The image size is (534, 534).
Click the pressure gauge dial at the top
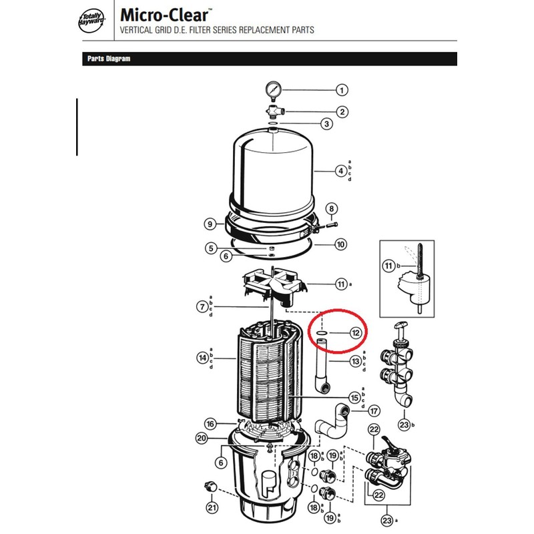(x=273, y=89)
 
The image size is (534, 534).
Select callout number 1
(x=342, y=90)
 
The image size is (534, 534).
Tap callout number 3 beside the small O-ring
(x=326, y=123)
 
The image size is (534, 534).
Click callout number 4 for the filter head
(x=341, y=171)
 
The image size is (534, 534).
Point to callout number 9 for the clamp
(x=210, y=224)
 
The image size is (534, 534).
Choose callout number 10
(x=341, y=244)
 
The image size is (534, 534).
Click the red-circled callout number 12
(x=356, y=332)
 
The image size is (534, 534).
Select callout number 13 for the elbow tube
(x=356, y=361)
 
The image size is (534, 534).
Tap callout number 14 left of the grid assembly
(x=203, y=358)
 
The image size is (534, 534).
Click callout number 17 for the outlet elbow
(x=374, y=411)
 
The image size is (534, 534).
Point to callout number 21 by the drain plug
(x=212, y=508)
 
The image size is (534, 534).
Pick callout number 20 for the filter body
(x=202, y=438)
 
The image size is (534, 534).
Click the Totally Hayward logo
(x=92, y=21)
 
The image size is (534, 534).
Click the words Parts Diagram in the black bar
(x=109, y=59)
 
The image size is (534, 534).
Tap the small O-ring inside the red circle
(x=322, y=332)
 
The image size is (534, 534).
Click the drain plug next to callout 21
(x=211, y=486)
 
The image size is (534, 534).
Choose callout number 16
(x=210, y=424)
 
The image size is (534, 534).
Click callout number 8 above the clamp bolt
(x=332, y=209)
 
